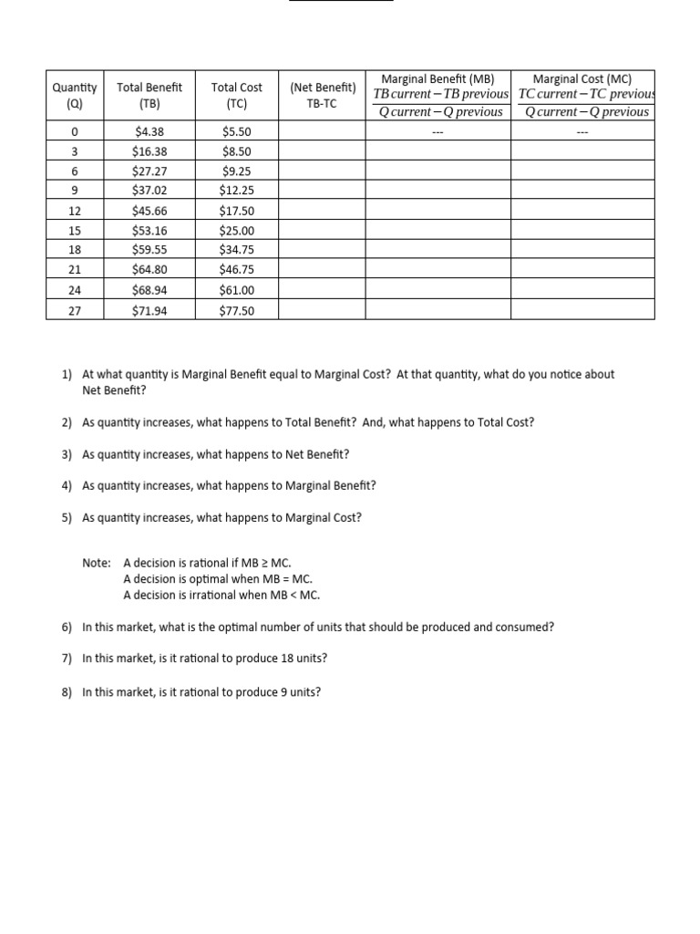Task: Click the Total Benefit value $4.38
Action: [x=149, y=132]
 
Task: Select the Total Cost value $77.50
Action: [x=237, y=311]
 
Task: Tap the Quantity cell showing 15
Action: [x=75, y=230]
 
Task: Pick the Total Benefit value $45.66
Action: [x=149, y=210]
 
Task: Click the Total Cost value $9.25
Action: [x=237, y=171]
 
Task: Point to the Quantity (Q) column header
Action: [x=75, y=95]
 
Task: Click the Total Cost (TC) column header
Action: [x=237, y=95]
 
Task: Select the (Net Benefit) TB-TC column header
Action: [x=323, y=95]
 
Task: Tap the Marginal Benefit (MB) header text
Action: [x=437, y=79]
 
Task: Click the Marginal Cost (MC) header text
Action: [x=582, y=79]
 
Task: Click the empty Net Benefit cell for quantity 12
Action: [x=323, y=210]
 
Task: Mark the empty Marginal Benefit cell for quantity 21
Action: [x=437, y=269]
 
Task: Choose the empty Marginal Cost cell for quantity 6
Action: [x=582, y=171]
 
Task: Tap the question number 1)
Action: [x=67, y=374]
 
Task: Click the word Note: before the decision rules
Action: [x=97, y=563]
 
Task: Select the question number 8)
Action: [x=67, y=692]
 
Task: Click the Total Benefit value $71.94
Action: [x=149, y=311]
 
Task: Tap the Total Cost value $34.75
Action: [x=237, y=249]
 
